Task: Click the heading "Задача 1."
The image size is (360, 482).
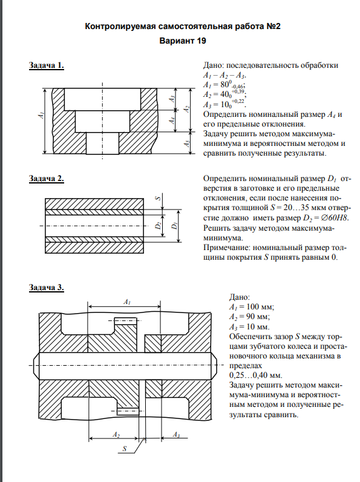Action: [47, 65]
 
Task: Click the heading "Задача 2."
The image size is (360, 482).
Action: [47, 179]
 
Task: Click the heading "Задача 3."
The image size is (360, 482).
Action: [47, 288]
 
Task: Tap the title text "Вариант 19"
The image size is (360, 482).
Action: [183, 41]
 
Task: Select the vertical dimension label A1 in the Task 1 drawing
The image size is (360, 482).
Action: [41, 115]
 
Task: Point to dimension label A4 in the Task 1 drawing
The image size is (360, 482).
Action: [173, 120]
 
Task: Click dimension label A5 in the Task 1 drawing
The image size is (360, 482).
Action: [187, 144]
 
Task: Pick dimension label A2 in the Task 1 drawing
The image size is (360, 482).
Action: [186, 109]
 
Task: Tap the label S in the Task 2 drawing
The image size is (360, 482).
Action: [158, 199]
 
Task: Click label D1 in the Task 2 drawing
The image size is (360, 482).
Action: [175, 226]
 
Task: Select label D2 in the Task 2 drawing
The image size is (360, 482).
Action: [158, 226]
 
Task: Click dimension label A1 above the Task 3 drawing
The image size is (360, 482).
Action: [127, 302]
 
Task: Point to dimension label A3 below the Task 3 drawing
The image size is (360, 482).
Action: [176, 434]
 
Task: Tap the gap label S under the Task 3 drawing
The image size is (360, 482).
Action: [125, 449]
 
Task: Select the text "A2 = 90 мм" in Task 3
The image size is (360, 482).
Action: [249, 317]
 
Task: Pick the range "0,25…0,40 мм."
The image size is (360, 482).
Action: [255, 375]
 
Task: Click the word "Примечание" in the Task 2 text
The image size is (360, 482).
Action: [227, 248]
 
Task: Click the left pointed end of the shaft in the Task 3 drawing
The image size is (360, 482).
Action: [33, 366]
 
